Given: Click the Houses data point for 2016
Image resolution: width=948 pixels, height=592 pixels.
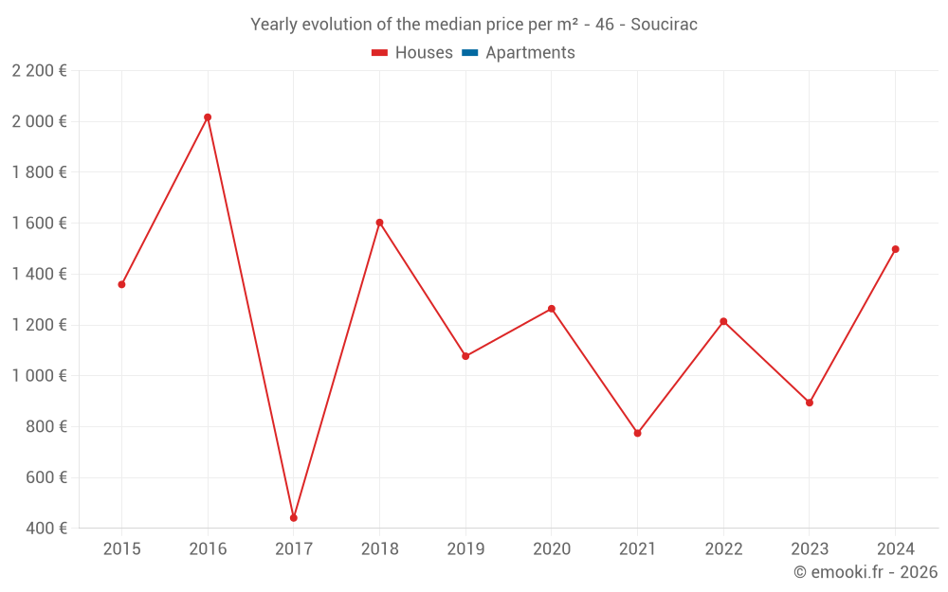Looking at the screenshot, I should [x=208, y=117].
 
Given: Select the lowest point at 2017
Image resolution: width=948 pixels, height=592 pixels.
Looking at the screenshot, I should [x=294, y=518].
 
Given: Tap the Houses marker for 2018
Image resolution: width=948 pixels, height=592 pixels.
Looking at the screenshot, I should [x=379, y=223].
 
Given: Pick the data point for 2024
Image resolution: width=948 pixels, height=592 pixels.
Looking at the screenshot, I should [x=895, y=249].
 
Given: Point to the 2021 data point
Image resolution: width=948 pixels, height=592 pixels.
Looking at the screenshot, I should [x=637, y=433].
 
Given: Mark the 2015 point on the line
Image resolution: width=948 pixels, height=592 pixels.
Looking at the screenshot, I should [x=121, y=284].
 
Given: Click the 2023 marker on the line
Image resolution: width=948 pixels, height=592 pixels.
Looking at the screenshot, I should [x=809, y=403].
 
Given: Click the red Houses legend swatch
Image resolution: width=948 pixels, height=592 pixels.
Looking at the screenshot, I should [x=380, y=53].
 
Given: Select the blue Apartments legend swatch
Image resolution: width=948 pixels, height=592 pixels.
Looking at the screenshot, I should [x=470, y=53].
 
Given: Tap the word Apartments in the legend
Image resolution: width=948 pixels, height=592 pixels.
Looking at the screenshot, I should [x=530, y=53].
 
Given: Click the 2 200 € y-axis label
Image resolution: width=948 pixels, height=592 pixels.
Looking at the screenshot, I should [x=39, y=70].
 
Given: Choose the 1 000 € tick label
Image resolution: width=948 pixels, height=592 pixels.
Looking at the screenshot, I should [x=39, y=376].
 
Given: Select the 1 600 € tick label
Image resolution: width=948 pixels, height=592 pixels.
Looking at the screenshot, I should [x=39, y=224].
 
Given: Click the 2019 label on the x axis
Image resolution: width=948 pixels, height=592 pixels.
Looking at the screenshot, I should [x=465, y=549].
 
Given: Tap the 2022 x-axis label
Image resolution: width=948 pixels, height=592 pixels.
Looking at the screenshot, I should [x=723, y=549].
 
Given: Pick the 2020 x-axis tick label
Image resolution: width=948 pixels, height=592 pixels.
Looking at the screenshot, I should [x=552, y=549].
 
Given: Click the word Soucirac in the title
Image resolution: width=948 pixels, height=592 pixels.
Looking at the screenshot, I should [x=664, y=25].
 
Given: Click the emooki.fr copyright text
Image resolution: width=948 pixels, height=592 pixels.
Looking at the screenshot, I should [x=866, y=572].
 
